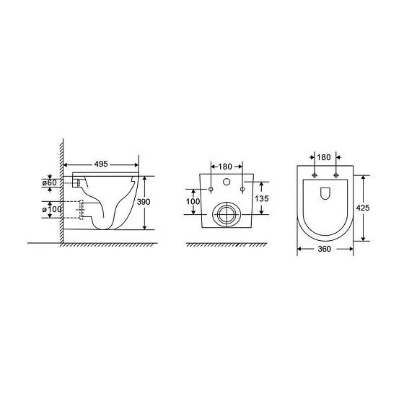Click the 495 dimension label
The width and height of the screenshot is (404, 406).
101,164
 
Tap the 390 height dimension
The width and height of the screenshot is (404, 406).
144,202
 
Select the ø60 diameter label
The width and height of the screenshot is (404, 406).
50,182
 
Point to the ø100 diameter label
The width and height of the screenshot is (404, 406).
52,209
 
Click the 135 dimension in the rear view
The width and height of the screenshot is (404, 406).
262,198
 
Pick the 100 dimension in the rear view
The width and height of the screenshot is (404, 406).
193,201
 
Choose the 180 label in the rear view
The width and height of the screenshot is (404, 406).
225,167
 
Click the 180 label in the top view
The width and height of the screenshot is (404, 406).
324,157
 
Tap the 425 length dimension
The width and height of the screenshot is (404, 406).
363,208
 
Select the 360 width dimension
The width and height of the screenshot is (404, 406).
324,249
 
